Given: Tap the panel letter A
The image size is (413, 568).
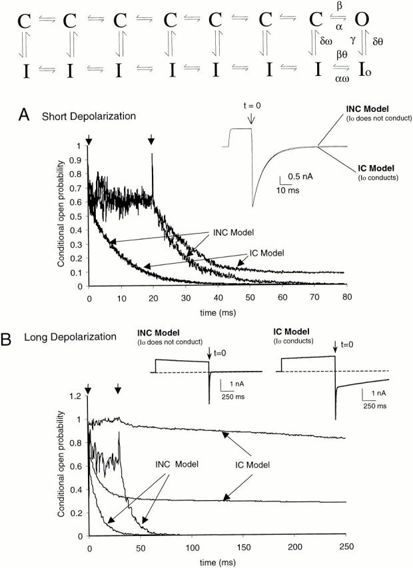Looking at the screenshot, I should click(23, 115).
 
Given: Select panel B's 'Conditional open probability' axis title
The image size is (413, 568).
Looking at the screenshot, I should click(61, 465).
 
